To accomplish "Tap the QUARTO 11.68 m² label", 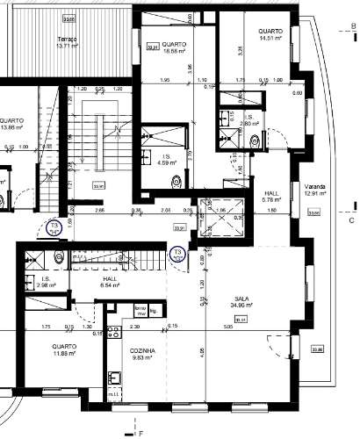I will coord(63,349).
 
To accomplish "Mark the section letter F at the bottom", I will coord(139,434).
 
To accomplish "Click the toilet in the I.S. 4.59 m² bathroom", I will coord(180,180).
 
